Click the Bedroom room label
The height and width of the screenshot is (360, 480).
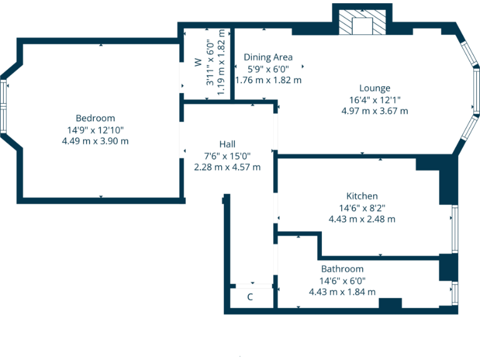[x=95, y=118]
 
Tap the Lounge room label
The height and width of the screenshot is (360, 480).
[x=374, y=88]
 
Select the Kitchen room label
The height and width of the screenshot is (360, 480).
[x=362, y=196]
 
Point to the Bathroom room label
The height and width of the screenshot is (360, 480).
[x=342, y=269]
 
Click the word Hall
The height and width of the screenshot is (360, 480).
[x=227, y=144]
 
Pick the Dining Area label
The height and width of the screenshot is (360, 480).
[x=267, y=57]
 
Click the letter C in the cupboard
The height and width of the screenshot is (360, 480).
[x=250, y=297]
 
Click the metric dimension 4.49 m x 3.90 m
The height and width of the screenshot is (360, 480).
[x=95, y=141]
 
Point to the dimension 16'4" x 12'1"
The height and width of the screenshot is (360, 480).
[x=374, y=99]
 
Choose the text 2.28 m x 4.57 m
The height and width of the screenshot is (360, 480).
[x=227, y=167]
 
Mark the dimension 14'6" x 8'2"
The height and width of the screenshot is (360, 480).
[x=362, y=207]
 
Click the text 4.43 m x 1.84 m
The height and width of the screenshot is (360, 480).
[x=342, y=292]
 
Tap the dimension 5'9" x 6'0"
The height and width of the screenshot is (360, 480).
[x=267, y=69]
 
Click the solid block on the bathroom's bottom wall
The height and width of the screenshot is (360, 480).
[x=390, y=304]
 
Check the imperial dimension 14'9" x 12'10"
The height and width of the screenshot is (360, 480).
[x=95, y=130]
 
